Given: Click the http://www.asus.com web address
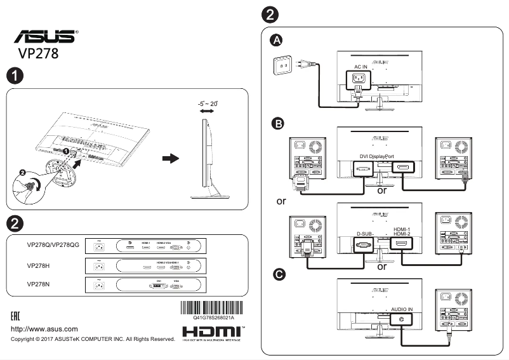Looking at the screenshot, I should (x=44, y=329).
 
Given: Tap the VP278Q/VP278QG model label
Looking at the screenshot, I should (x=53, y=244).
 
